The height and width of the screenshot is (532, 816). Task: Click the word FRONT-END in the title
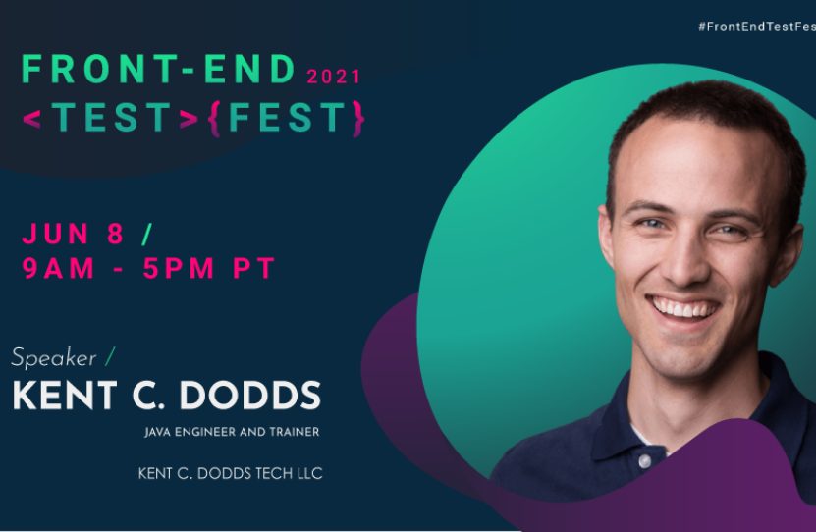pyautogui.click(x=158, y=70)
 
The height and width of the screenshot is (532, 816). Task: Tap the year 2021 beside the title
pyautogui.click(x=334, y=77)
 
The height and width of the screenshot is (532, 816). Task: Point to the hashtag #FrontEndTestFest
pyautogui.click(x=756, y=27)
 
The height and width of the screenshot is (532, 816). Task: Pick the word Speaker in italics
pyautogui.click(x=53, y=357)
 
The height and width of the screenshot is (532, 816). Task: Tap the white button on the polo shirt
pyautogui.click(x=644, y=459)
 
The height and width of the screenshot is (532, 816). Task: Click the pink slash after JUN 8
pyautogui.click(x=147, y=234)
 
